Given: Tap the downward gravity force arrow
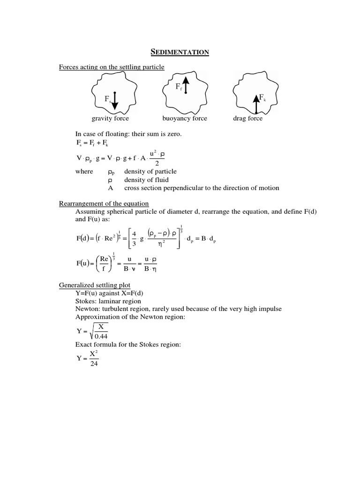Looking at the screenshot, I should click(x=115, y=101).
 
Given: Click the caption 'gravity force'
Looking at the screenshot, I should click(x=110, y=119).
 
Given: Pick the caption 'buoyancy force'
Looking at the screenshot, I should click(x=185, y=119).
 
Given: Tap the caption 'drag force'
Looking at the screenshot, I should click(x=248, y=119).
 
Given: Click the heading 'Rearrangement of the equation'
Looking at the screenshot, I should click(x=104, y=203).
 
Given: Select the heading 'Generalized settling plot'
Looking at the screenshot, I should click(x=95, y=285).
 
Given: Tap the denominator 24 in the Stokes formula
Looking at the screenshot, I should click(x=93, y=364).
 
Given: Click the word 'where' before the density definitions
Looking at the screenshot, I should click(x=84, y=172).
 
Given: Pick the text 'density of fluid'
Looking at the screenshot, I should click(x=146, y=180).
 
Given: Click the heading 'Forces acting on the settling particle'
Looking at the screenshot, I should click(x=112, y=67).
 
